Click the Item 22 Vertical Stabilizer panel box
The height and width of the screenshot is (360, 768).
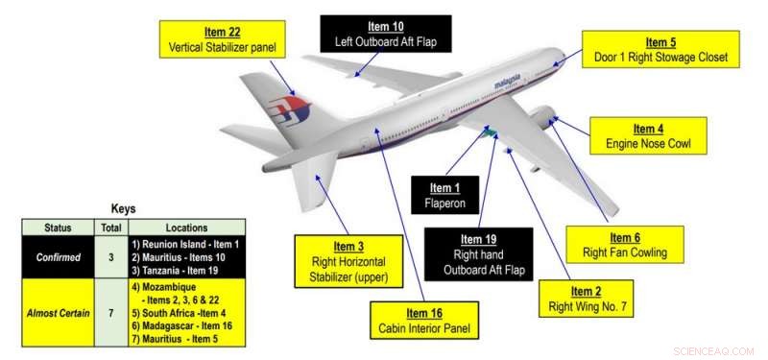click(221, 39)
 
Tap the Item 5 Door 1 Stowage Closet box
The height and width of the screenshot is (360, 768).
click(660, 49)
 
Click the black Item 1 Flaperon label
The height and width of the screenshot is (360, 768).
click(443, 195)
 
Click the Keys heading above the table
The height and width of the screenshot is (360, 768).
click(123, 208)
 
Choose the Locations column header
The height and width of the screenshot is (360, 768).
click(186, 228)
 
